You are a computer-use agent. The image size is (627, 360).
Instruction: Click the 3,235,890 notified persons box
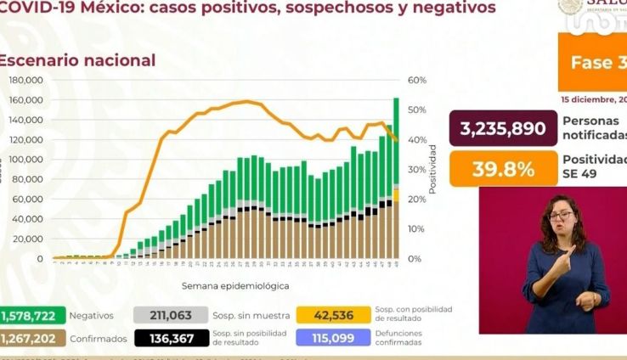pyautogui.click(x=501, y=129)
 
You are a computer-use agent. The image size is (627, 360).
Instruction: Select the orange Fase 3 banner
pyautogui.click(x=592, y=64)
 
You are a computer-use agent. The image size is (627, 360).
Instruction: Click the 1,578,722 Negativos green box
pyautogui.click(x=28, y=316)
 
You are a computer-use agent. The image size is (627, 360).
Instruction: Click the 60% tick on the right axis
pyautogui.click(x=416, y=80)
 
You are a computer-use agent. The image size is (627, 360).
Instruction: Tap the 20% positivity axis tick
pyautogui.click(x=416, y=199)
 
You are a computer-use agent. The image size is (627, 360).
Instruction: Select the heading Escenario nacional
pyautogui.click(x=77, y=60)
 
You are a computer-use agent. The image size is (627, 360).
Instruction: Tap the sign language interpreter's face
pyautogui.click(x=562, y=216)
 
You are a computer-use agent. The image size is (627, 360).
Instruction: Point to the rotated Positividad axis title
pyautogui.click(x=432, y=169)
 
